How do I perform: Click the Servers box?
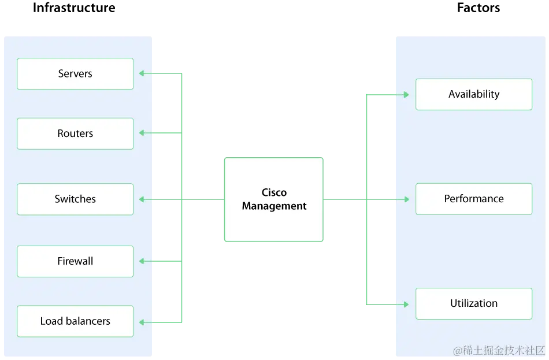pyautogui.click(x=75, y=73)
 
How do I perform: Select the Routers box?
pyautogui.click(x=75, y=133)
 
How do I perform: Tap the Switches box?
pyautogui.click(x=75, y=199)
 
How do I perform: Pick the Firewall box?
pyautogui.click(x=75, y=261)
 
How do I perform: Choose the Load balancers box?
pyautogui.click(x=75, y=321)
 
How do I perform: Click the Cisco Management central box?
pyautogui.click(x=273, y=199)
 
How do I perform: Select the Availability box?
pyautogui.click(x=473, y=94)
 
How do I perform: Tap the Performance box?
pyautogui.click(x=473, y=199)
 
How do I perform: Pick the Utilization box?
pyautogui.click(x=473, y=303)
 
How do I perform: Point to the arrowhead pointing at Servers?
pyautogui.click(x=141, y=73)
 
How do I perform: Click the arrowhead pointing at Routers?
pyautogui.click(x=141, y=132)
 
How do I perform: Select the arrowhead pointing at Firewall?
pyautogui.click(x=141, y=261)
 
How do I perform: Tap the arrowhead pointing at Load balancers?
pyautogui.click(x=141, y=321)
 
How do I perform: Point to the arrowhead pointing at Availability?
pyautogui.click(x=407, y=94)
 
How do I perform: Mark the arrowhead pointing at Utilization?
pyautogui.click(x=407, y=303)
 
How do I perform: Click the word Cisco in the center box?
pyautogui.click(x=274, y=192)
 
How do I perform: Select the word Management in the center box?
pyautogui.click(x=274, y=206)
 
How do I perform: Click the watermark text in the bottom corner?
pyautogui.click(x=499, y=351)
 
